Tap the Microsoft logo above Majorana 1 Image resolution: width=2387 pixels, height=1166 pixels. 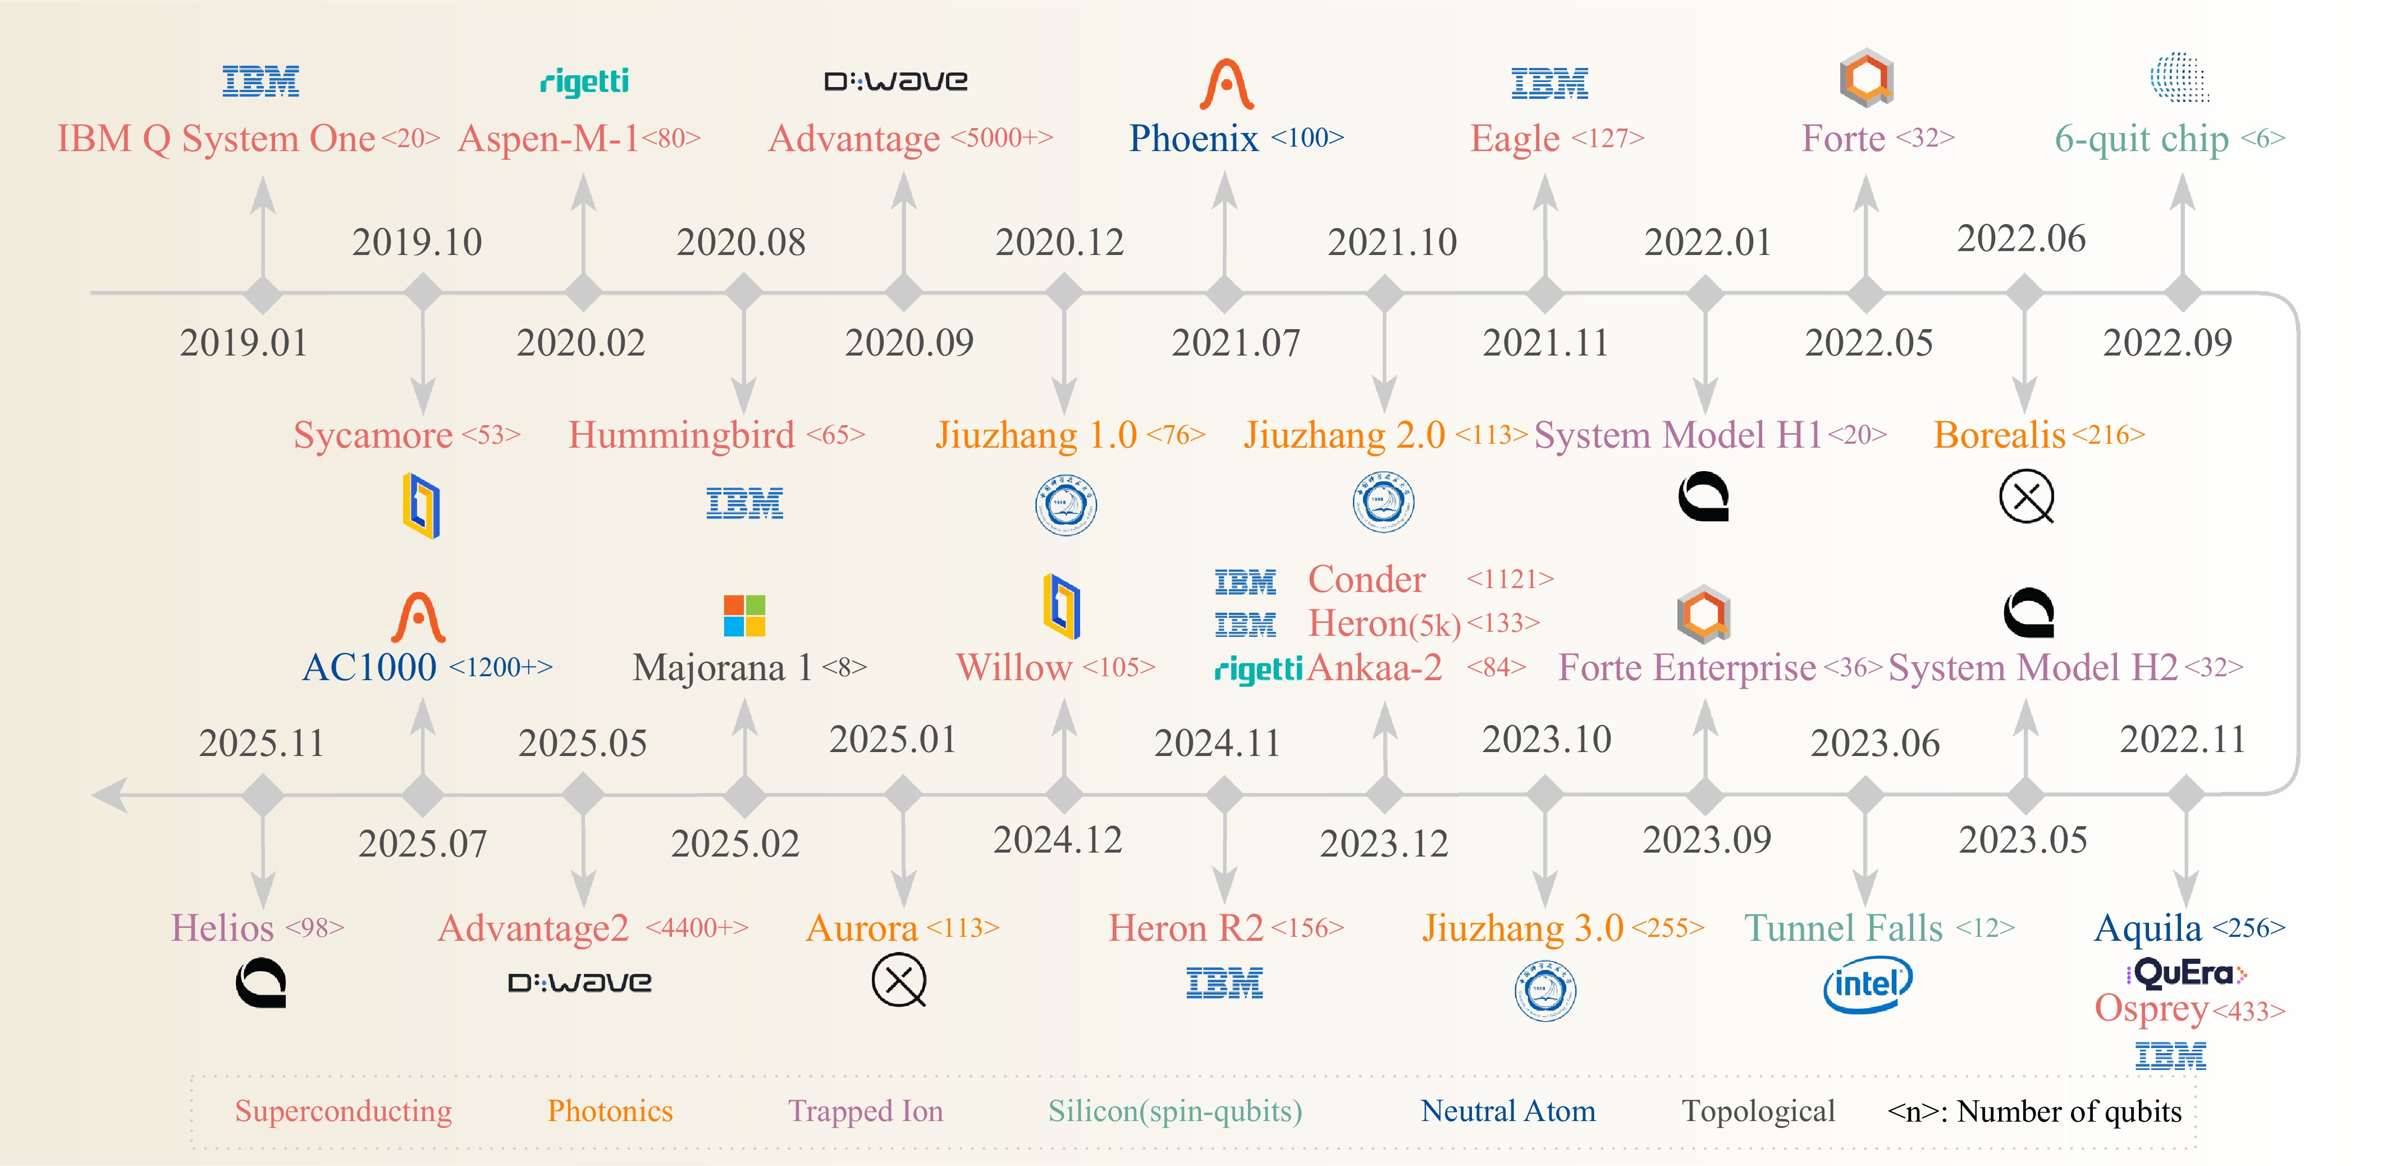(744, 616)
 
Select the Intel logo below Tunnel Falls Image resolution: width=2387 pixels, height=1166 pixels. (1867, 985)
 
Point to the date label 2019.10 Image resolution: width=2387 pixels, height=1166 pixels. (417, 242)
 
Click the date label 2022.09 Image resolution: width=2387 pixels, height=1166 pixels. (2167, 343)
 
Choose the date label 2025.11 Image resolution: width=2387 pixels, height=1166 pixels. (262, 743)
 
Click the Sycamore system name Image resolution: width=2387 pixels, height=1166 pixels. (373, 435)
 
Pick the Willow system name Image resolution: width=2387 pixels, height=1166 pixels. (1014, 667)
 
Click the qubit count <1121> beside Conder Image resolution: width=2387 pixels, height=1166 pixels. (1510, 579)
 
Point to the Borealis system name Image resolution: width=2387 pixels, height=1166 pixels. (2000, 435)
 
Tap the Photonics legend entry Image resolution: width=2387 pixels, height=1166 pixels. (610, 1110)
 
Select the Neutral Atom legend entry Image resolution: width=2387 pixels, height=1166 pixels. (1508, 1110)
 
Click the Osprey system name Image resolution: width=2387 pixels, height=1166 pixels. (2152, 1009)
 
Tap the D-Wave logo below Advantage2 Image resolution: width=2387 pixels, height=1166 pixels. (580, 982)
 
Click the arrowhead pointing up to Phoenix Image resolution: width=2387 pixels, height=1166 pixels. (1225, 189)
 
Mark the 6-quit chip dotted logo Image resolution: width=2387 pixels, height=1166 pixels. (2180, 77)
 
